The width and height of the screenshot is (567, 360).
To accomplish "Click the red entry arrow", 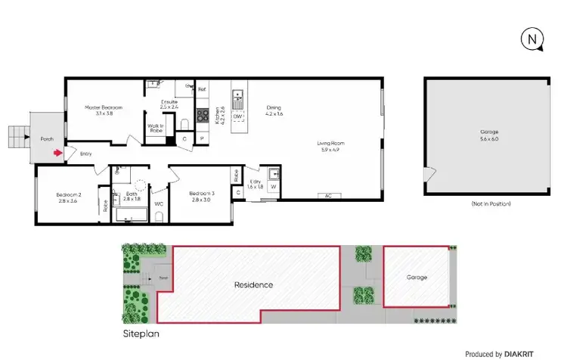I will click(x=58, y=154).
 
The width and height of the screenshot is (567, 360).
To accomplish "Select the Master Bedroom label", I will click(x=99, y=110).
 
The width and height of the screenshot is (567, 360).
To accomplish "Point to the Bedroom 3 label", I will click(x=202, y=196).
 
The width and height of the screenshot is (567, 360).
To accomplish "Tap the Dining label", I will click(x=274, y=110).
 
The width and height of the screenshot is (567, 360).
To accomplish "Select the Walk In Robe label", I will click(x=156, y=129).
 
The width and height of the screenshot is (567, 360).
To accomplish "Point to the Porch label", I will click(x=45, y=139).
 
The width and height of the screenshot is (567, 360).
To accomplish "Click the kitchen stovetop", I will click(x=203, y=116).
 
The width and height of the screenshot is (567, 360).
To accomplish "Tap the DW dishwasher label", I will click(x=237, y=116).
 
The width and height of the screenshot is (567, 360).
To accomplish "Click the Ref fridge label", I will click(x=202, y=89).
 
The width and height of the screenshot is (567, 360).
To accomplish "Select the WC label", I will click(x=159, y=203).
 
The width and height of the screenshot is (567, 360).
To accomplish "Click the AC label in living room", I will click(x=328, y=195).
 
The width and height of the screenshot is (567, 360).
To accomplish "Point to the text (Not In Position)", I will click(x=491, y=204).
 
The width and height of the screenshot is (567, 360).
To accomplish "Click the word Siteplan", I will click(x=141, y=333).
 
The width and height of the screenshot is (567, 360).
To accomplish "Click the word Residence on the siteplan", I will click(x=253, y=285).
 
